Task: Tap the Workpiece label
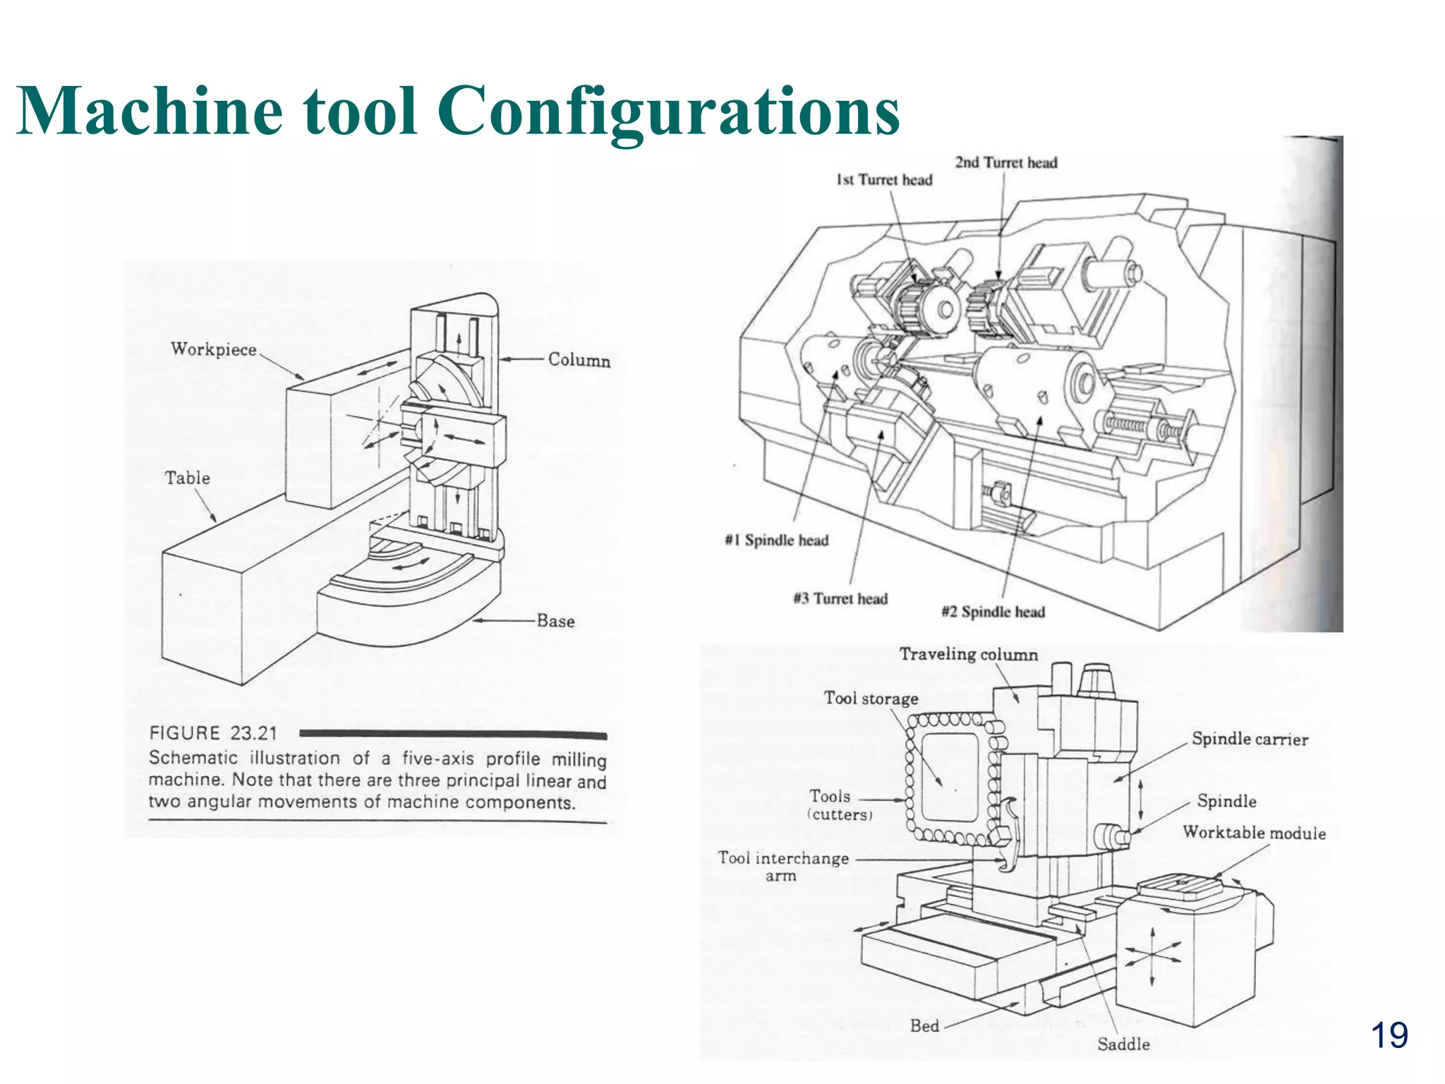(213, 349)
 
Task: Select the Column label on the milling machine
(579, 360)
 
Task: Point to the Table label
(187, 478)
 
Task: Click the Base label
(555, 621)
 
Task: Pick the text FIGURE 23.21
(213, 733)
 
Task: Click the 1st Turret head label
(884, 180)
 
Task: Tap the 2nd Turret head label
(1006, 162)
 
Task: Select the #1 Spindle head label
(776, 541)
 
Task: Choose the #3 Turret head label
(840, 599)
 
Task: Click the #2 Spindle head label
(993, 612)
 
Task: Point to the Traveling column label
(968, 655)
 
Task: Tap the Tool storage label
(871, 699)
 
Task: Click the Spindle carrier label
(1250, 740)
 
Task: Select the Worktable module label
(1254, 833)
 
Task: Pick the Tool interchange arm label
(783, 866)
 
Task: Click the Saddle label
(1123, 1044)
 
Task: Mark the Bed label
(924, 1026)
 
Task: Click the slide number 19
(1389, 1036)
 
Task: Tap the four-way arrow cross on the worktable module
(1151, 956)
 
